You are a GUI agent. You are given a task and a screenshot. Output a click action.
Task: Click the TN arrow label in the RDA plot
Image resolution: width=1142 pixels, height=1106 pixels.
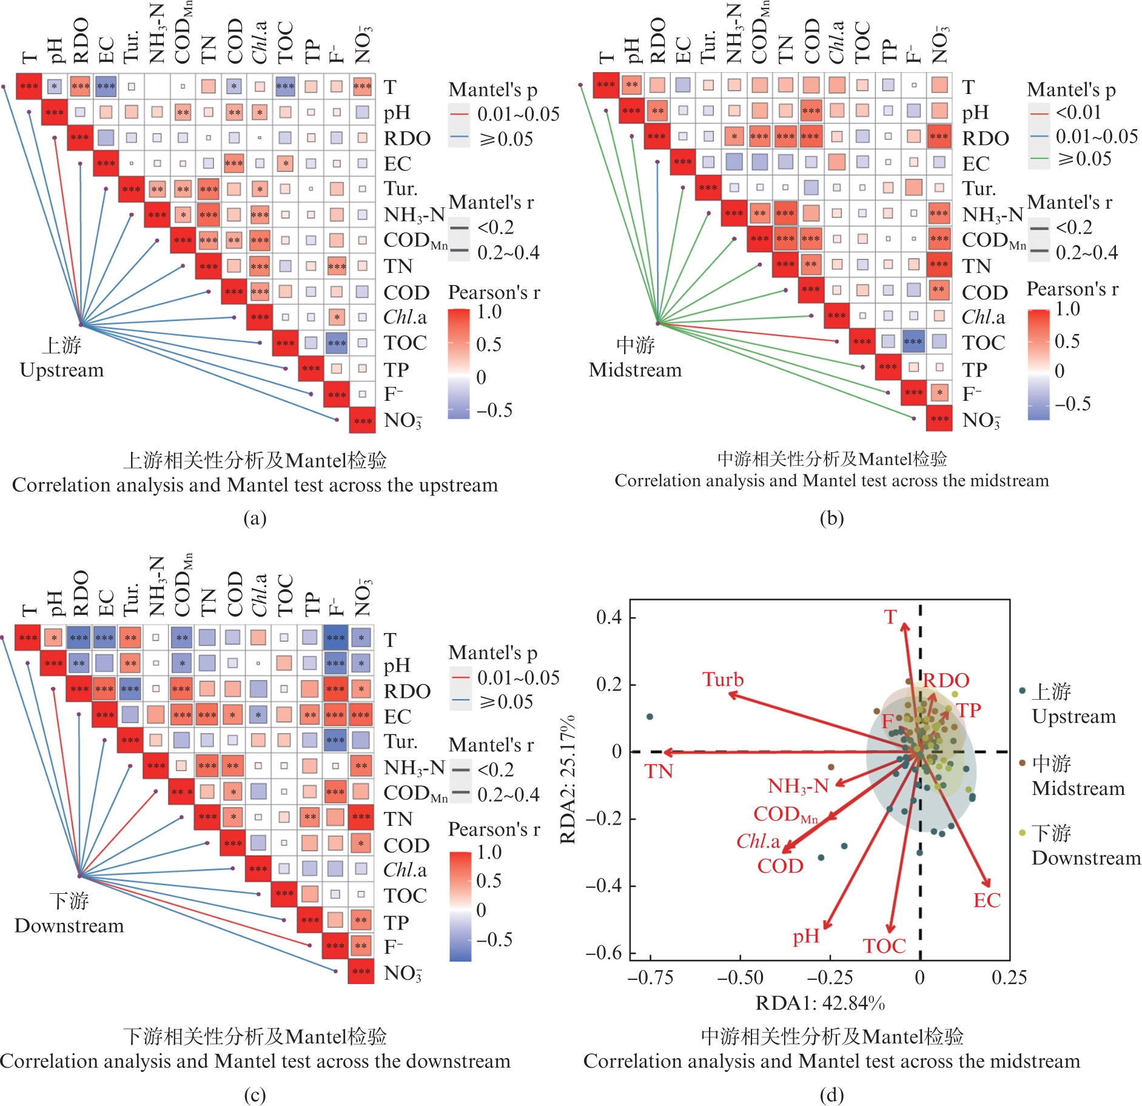(x=659, y=771)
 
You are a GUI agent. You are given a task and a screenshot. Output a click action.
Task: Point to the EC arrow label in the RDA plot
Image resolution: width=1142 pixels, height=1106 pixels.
(x=987, y=900)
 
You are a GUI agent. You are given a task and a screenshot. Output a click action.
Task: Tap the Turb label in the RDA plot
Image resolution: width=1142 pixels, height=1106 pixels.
(x=723, y=680)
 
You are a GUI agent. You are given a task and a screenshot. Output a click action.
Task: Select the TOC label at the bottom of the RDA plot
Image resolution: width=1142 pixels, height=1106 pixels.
(x=884, y=946)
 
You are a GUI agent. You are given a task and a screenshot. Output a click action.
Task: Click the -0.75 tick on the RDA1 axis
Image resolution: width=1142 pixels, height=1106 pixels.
(x=650, y=977)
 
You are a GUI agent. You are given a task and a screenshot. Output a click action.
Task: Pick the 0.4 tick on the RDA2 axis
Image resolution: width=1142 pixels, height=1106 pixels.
(x=609, y=618)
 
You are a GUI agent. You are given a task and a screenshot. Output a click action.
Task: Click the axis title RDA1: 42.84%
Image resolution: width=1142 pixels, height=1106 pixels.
(x=820, y=1004)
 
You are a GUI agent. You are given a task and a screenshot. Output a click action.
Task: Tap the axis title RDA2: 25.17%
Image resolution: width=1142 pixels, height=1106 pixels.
(x=568, y=780)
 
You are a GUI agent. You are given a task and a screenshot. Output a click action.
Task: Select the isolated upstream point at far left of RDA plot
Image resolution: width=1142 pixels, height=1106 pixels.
(x=650, y=717)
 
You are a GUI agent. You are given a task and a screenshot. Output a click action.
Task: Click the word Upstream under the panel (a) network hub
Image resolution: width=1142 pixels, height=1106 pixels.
(x=62, y=370)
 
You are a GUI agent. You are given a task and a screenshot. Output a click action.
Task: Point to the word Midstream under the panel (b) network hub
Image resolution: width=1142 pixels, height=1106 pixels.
(x=635, y=370)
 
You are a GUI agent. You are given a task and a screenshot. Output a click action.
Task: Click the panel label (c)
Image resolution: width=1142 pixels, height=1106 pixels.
(x=255, y=1094)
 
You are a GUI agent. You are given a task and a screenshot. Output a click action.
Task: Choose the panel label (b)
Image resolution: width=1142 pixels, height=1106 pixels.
(x=831, y=518)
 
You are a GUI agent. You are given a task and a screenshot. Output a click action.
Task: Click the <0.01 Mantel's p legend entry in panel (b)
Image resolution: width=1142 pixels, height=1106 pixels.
(x=1078, y=112)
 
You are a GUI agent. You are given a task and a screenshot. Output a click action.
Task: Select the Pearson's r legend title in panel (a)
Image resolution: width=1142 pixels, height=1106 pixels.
(x=494, y=293)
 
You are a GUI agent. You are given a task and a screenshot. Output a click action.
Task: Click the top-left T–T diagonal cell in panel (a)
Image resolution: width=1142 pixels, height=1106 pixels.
(x=29, y=86)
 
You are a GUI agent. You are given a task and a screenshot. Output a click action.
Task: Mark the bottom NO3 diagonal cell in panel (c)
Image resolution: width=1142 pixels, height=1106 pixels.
(x=361, y=971)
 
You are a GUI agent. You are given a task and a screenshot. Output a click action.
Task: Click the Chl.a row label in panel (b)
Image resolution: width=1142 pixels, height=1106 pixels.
(x=982, y=317)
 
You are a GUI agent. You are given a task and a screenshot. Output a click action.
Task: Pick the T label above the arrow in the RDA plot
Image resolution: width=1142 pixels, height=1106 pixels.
(x=890, y=617)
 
